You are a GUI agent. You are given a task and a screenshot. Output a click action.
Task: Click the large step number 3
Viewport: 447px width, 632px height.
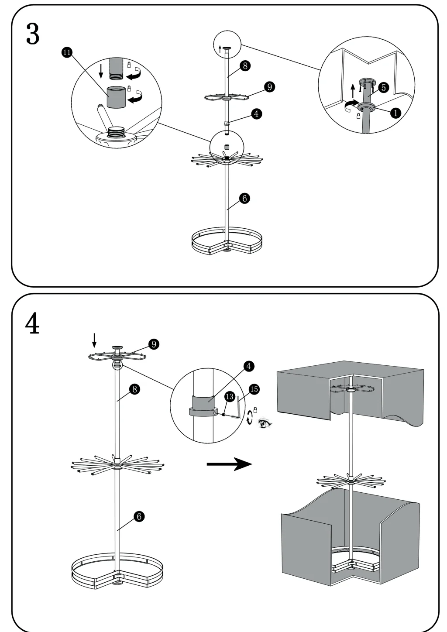(x=33, y=34)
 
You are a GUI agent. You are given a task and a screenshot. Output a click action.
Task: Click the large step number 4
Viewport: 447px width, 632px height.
(x=32, y=323)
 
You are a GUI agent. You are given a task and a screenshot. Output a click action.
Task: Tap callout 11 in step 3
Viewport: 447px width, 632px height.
(x=66, y=52)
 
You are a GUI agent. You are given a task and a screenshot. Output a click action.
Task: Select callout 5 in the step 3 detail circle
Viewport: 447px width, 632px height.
(x=383, y=87)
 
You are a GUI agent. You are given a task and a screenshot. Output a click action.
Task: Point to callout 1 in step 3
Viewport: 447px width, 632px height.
(x=395, y=113)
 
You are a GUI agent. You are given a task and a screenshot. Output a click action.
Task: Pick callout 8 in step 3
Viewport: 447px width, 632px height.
(x=245, y=65)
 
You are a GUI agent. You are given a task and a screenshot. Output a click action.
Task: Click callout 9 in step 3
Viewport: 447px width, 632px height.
(x=269, y=87)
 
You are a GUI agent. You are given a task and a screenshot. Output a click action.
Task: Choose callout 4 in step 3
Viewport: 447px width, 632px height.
(x=256, y=113)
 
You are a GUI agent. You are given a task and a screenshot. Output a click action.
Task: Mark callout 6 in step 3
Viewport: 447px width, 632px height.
(x=244, y=198)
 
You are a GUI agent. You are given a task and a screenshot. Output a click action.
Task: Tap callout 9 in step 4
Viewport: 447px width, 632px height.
(x=153, y=344)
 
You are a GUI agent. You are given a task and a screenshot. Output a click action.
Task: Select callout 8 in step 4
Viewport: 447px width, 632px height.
(x=134, y=388)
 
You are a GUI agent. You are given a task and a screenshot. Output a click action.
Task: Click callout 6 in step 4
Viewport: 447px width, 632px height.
(x=139, y=516)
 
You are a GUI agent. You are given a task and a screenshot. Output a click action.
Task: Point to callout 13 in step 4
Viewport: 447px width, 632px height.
(x=230, y=397)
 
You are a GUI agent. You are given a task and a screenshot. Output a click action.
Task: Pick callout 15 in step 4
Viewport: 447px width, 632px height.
(x=254, y=389)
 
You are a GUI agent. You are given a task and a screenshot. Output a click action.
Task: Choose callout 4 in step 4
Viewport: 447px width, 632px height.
(x=248, y=366)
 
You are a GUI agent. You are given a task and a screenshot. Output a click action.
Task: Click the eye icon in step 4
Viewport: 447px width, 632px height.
(x=264, y=423)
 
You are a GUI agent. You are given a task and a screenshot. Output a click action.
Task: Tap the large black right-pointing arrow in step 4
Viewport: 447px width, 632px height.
(x=229, y=464)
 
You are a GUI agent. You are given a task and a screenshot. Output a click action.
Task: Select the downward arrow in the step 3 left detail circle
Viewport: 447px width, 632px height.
(x=101, y=70)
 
